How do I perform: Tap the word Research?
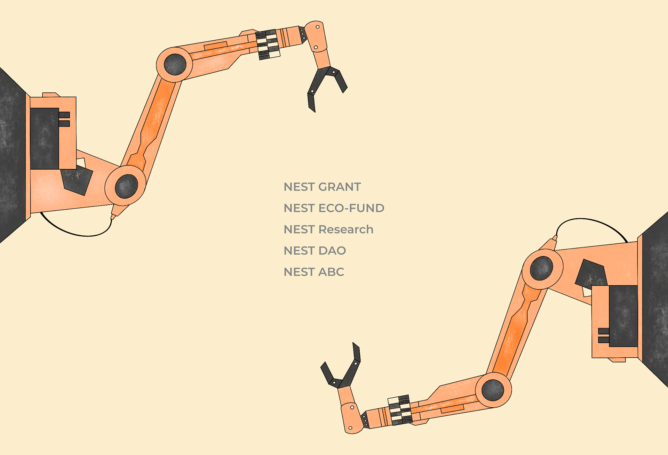(x=346, y=229)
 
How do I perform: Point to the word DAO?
(x=332, y=251)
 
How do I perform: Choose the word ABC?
(x=331, y=272)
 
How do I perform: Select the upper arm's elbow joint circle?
(x=175, y=64)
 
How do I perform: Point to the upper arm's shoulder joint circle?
(x=126, y=186)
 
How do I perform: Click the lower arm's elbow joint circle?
(x=493, y=390)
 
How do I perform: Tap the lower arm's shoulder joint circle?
(x=541, y=268)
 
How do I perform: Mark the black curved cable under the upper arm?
(x=77, y=233)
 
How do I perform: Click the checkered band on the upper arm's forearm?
(x=268, y=44)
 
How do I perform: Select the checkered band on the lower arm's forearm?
(x=400, y=410)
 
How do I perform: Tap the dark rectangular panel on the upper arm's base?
(x=45, y=138)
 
